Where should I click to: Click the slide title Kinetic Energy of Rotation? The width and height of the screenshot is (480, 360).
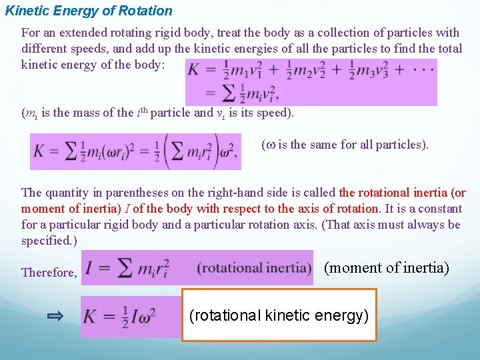89,11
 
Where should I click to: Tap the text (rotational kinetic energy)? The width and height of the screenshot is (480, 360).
279,315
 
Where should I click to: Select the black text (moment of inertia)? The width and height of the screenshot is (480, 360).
387,268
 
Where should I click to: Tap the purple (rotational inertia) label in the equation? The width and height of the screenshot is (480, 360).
254,268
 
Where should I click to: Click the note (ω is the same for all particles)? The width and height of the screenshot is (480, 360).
345,145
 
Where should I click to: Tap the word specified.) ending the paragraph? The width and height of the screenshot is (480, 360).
49,240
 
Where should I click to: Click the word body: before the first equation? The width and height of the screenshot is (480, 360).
163,64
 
